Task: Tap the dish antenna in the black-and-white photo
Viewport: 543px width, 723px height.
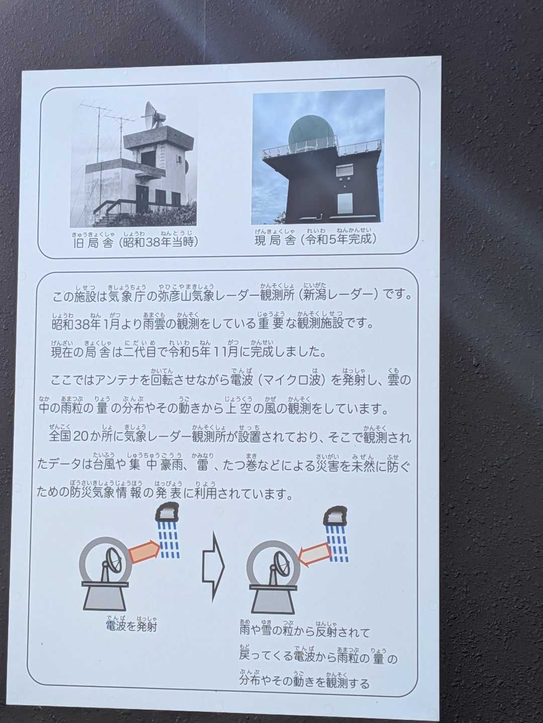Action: tap(153, 115)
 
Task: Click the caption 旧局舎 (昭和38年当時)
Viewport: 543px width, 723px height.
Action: tap(136, 243)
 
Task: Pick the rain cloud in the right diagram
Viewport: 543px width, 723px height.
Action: tap(335, 516)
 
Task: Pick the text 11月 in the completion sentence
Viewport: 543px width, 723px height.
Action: tap(225, 352)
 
